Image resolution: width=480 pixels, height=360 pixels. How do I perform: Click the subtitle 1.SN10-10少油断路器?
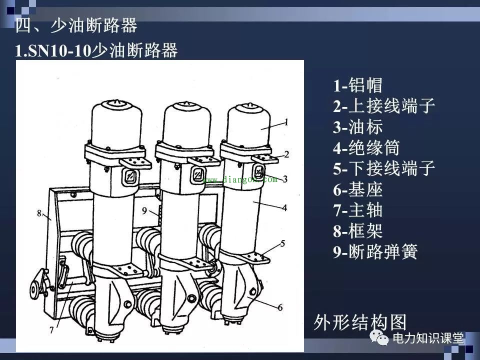[96, 51]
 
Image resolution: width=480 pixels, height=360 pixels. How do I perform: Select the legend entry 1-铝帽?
[358, 85]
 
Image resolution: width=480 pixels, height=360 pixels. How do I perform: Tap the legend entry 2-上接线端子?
[384, 106]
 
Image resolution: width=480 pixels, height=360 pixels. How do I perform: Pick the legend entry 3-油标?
[358, 127]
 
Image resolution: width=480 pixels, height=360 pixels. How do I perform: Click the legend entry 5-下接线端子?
[384, 169]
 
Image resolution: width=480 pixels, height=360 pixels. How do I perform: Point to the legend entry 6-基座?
[358, 190]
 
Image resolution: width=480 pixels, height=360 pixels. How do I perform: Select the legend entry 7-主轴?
[358, 210]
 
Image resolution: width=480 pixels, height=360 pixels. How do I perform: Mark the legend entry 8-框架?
[358, 231]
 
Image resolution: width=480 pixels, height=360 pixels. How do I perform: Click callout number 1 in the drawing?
[286, 121]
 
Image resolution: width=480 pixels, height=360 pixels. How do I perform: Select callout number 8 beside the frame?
[38, 213]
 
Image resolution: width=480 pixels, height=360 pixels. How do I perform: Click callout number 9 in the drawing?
[144, 211]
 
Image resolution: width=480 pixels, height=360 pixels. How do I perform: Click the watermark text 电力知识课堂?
[428, 338]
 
